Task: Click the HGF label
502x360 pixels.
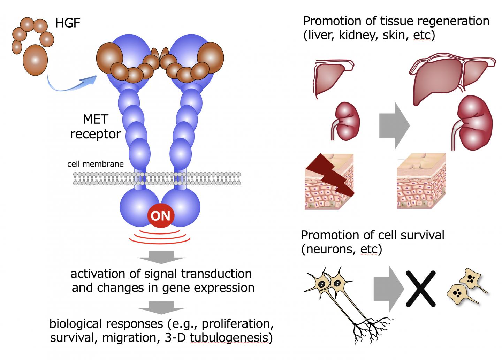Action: coord(68,24)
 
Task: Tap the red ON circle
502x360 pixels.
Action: coord(161,216)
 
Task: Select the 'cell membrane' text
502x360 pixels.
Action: coord(95,164)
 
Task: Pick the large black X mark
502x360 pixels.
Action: coord(421,289)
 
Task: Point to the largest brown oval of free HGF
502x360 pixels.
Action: coord(35,60)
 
